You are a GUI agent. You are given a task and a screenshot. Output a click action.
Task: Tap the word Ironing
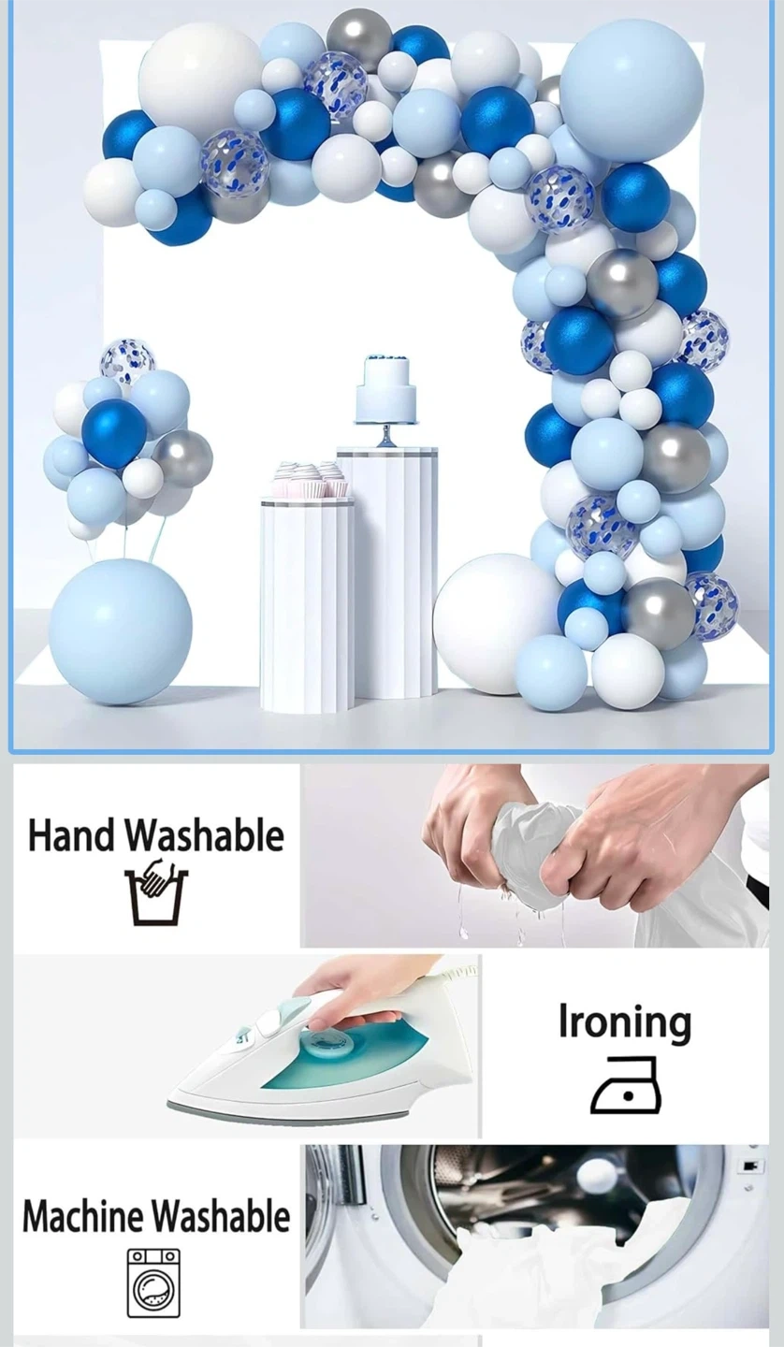click(625, 1022)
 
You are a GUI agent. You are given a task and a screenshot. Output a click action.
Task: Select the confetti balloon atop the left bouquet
click(127, 362)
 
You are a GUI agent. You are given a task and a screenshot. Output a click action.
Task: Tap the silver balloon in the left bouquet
click(185, 457)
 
